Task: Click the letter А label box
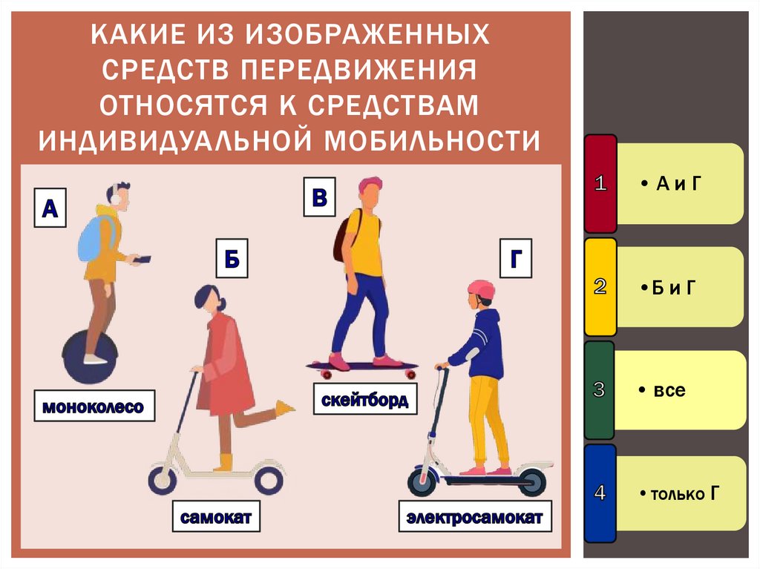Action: [x=49, y=208]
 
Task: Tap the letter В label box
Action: [x=319, y=197]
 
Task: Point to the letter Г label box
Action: [x=516, y=260]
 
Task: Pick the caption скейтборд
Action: [x=364, y=400]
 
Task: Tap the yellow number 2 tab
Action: [x=600, y=287]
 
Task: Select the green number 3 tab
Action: [x=600, y=389]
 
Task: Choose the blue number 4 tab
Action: [x=600, y=493]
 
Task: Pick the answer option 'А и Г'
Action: [x=678, y=184]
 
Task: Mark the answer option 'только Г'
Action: [x=679, y=493]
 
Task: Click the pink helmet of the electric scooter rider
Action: [x=482, y=289]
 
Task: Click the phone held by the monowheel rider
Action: [x=144, y=260]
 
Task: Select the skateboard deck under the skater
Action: [x=361, y=366]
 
